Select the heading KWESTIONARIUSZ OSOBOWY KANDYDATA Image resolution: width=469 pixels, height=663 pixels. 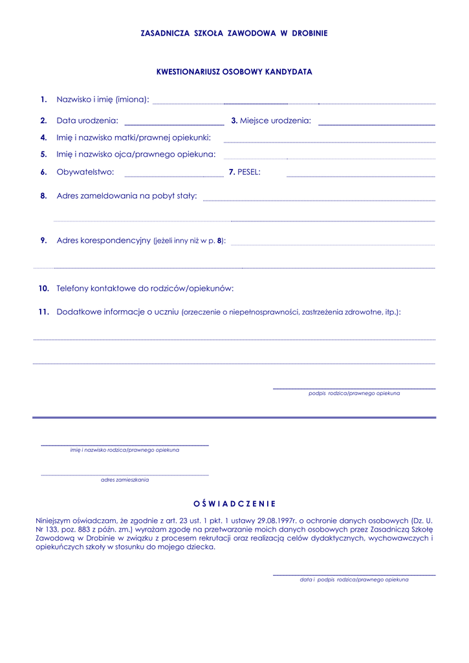tap(234, 72)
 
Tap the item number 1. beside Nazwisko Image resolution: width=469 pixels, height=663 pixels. tap(43, 100)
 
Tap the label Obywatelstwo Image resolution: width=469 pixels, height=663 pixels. tap(85, 172)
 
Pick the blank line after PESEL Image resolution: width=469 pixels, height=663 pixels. tap(360, 175)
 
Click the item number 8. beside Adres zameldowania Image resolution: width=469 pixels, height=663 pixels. tap(43, 196)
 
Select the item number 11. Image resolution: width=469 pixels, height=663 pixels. tap(43, 311)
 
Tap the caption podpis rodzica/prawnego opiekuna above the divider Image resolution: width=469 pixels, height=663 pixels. tap(354, 394)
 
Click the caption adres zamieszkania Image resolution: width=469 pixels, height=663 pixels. tap(125, 480)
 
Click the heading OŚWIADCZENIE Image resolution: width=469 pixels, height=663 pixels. tap(234, 503)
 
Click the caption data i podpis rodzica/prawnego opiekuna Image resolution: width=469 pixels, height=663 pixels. tap(354, 580)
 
